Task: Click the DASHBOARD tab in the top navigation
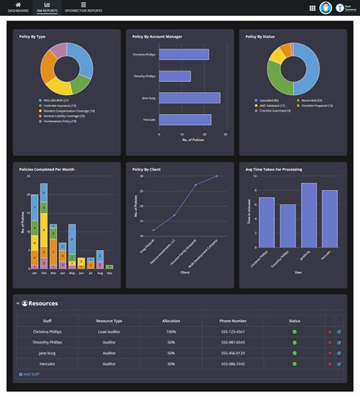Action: pyautogui.click(x=18, y=8)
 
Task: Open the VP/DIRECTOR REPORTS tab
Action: pyautogui.click(x=84, y=8)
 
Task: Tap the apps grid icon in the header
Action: pyautogui.click(x=312, y=8)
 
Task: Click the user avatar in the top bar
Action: pyautogui.click(x=326, y=8)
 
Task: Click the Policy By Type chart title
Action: pyautogui.click(x=33, y=36)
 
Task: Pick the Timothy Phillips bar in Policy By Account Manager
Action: pyautogui.click(x=175, y=76)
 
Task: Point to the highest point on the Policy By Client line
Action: pyautogui.click(x=216, y=176)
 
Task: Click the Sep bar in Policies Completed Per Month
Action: pyautogui.click(x=109, y=267)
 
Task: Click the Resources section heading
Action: pyautogui.click(x=43, y=303)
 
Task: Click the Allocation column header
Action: pyautogui.click(x=171, y=321)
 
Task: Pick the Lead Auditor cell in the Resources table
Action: pyautogui.click(x=107, y=331)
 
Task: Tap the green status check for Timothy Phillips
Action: pyautogui.click(x=295, y=343)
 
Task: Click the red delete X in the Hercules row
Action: pyautogui.click(x=330, y=364)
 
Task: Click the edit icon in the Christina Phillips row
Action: pyautogui.click(x=339, y=331)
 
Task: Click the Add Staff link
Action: pyautogui.click(x=30, y=375)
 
